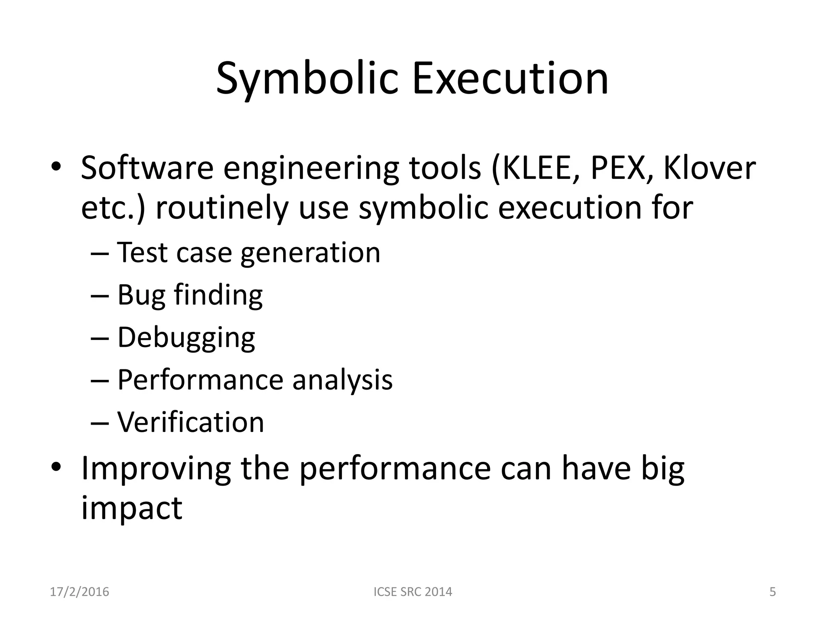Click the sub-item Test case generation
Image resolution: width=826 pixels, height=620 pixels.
coord(248,253)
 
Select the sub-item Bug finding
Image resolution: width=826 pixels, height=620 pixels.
coord(190,295)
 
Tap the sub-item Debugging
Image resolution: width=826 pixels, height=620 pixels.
coord(186,338)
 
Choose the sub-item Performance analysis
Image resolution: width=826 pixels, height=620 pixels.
coord(254,380)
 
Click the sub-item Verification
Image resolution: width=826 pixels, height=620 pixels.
coord(190,422)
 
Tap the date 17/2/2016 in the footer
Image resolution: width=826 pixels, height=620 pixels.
coord(79,592)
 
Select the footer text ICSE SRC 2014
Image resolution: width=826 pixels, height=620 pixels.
coord(413,592)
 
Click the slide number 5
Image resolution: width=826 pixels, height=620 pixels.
coord(772,592)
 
